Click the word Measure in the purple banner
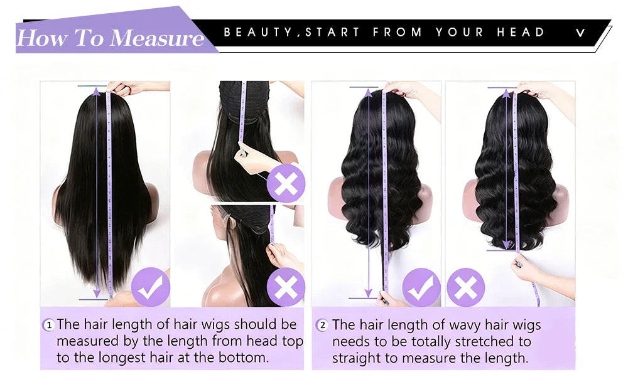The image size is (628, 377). tap(157, 38)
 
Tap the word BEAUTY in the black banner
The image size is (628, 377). tap(258, 32)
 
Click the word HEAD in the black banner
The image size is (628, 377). tap(521, 32)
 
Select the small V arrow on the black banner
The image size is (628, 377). tap(580, 33)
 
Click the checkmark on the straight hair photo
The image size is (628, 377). tap(151, 287)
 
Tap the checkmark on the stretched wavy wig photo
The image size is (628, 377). tap(421, 287)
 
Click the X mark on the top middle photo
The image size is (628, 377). tap(286, 183)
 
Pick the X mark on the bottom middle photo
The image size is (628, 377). tap(286, 287)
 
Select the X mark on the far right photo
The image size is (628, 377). tap(466, 287)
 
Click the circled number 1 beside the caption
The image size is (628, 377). tap(49, 324)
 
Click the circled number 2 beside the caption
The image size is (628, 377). tap(322, 325)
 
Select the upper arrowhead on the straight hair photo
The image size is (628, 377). tap(97, 92)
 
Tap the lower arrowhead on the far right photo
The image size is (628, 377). tap(506, 244)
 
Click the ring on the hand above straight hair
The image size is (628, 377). tap(124, 87)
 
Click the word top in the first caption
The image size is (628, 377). tap(292, 341)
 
